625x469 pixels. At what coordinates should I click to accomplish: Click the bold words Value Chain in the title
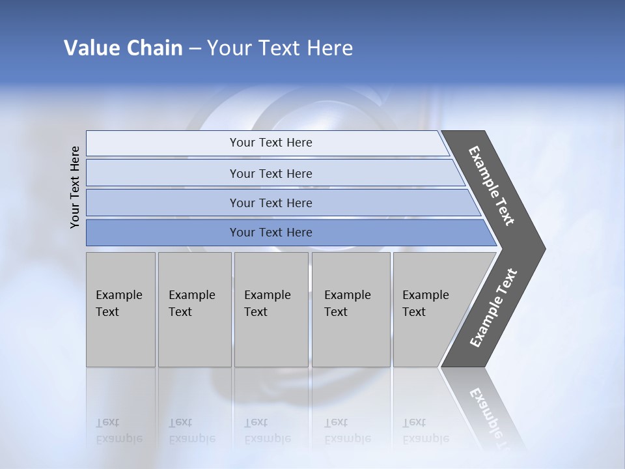point(123,48)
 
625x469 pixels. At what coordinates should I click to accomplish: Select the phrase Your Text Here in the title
point(280,48)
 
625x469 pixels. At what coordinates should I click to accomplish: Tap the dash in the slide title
point(195,48)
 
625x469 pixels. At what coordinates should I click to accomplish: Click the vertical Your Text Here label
point(75,187)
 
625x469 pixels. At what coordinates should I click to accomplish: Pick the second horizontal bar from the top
point(270,173)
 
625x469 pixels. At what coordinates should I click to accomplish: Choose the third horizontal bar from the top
point(270,203)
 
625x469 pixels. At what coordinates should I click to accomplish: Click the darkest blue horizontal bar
point(270,233)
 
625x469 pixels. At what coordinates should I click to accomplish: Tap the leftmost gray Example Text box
point(120,309)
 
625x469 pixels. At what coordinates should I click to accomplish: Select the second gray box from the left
point(194,309)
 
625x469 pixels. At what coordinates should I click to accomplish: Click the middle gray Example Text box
point(271,309)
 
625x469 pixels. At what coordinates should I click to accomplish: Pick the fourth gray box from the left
point(351,309)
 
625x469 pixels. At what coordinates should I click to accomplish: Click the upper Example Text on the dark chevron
point(492,186)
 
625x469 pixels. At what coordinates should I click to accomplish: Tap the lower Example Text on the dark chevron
point(493,308)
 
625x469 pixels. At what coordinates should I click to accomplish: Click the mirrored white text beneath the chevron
point(492,417)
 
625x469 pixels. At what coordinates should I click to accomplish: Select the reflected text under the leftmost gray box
point(118,431)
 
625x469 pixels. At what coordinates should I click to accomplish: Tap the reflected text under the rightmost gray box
point(425,431)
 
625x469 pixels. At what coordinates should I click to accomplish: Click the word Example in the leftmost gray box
point(118,295)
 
